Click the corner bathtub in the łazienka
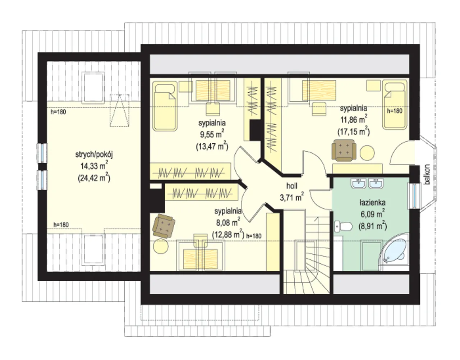(x=394, y=251)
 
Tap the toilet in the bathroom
(x=343, y=227)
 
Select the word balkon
(x=427, y=175)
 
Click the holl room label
(x=292, y=186)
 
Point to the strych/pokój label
(x=94, y=155)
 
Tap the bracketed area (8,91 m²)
(x=373, y=226)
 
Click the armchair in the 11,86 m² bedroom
(x=344, y=150)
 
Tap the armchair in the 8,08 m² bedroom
(x=164, y=226)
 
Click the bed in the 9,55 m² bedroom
(x=165, y=106)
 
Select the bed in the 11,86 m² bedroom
(x=395, y=104)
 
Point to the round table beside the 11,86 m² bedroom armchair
(x=367, y=153)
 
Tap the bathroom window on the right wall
(x=414, y=196)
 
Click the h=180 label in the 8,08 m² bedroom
(x=254, y=236)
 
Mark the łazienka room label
(x=373, y=203)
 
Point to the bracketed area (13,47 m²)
(x=212, y=146)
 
